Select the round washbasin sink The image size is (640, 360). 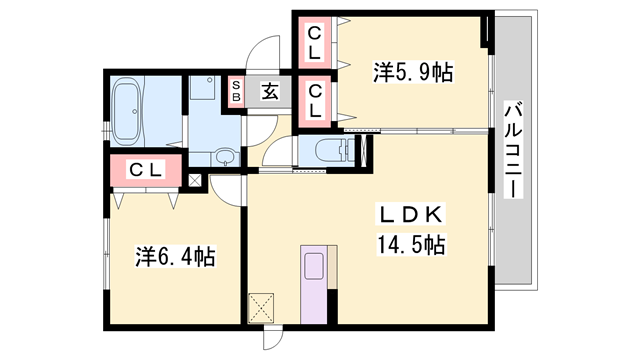224,156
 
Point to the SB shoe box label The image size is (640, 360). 237,91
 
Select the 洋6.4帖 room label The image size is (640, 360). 175,257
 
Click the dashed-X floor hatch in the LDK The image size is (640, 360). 263,306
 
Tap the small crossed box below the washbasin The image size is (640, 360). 196,182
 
